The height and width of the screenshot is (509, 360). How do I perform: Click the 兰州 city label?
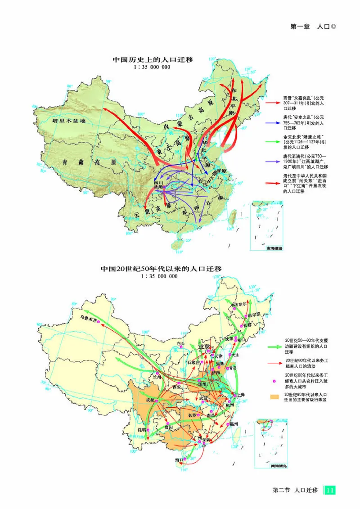pyautogui.click(x=157, y=376)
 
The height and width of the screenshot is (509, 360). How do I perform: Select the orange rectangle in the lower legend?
pyautogui.click(x=273, y=397)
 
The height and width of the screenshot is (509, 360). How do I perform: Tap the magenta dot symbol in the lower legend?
pyautogui.click(x=273, y=381)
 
